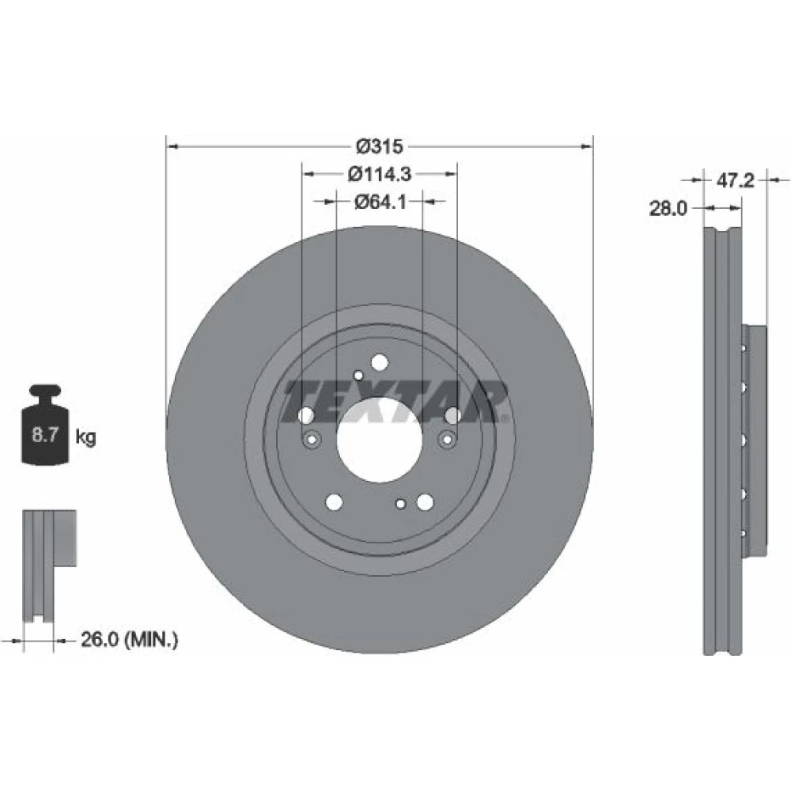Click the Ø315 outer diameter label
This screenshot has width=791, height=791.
click(380, 146)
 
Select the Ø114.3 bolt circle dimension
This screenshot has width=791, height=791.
click(380, 174)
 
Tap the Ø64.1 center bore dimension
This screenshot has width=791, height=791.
click(380, 202)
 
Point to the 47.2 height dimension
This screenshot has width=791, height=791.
click(735, 180)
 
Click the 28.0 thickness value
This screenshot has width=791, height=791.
click(668, 208)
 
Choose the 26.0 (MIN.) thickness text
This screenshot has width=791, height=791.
click(130, 640)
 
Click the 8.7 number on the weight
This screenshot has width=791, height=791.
click(45, 435)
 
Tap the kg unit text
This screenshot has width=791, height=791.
click(85, 437)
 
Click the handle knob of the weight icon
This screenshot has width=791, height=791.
click(45, 392)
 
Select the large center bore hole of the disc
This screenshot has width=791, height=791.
click(379, 439)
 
